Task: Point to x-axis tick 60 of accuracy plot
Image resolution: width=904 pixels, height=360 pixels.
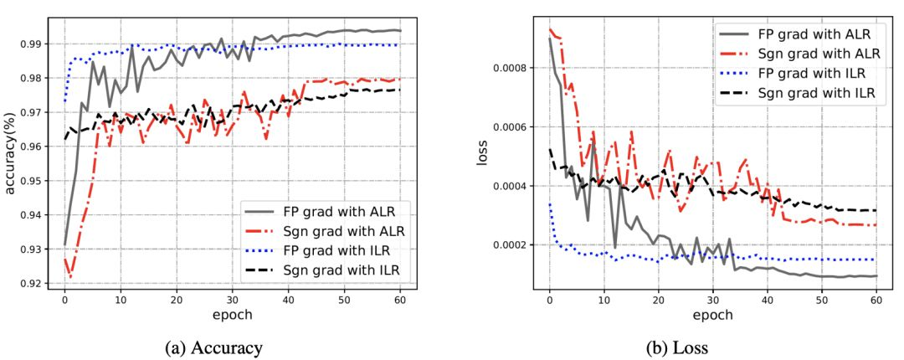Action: click(400, 300)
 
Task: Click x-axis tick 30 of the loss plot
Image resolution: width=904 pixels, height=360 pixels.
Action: click(712, 300)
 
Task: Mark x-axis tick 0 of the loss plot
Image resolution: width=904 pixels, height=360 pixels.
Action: click(549, 300)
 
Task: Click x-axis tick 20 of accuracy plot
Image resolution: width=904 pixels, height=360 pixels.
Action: click(176, 300)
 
